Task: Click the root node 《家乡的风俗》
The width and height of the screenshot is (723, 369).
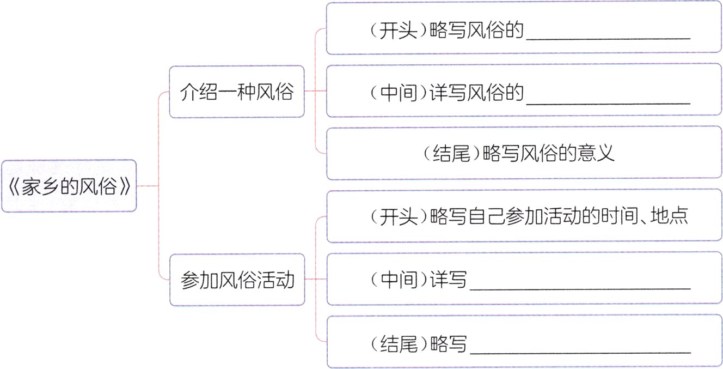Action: (69, 186)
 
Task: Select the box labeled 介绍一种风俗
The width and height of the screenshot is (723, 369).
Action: (236, 92)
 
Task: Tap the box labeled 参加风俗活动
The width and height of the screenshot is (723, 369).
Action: (236, 280)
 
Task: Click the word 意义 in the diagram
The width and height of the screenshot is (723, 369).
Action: (600, 153)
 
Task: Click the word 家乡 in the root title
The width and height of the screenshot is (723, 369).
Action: (42, 186)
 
